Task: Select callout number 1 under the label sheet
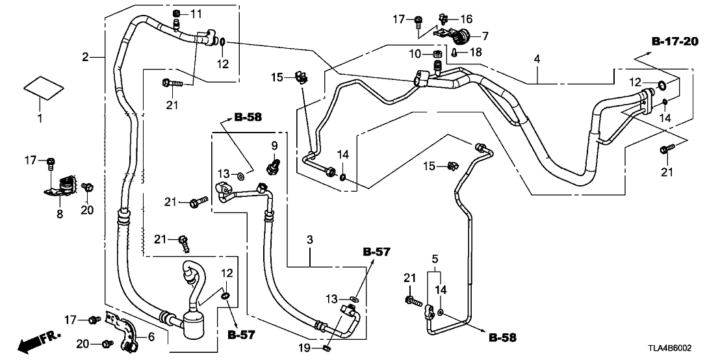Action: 39,119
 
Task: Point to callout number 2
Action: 85,57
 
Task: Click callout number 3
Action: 310,240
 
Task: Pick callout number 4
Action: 537,59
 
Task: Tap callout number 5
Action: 435,259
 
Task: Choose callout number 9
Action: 274,144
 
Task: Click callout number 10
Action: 419,52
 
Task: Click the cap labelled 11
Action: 177,14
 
